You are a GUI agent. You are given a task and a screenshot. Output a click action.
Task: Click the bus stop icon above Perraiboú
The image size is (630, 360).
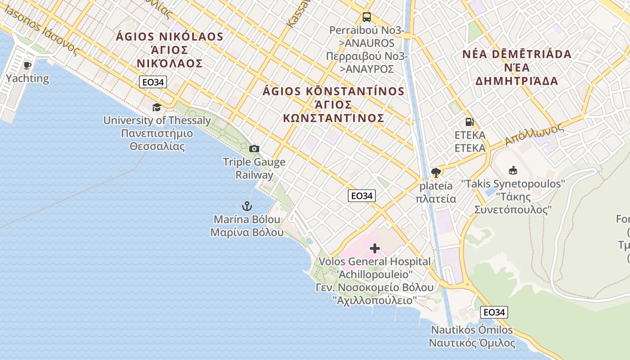point(367,18)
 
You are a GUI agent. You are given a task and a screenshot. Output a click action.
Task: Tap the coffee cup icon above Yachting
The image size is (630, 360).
point(27,65)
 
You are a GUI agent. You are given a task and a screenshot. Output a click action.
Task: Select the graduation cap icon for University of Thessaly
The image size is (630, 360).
point(157,107)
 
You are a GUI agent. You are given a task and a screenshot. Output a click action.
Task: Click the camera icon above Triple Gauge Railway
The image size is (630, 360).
point(254,149)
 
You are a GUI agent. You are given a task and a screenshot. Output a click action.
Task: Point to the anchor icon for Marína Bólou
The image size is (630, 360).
point(247,207)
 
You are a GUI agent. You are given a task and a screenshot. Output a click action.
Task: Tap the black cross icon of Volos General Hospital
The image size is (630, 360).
point(375,248)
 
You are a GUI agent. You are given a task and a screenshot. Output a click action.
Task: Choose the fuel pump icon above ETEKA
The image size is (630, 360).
point(469,121)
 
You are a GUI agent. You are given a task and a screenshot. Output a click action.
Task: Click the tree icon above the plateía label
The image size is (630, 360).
point(436,172)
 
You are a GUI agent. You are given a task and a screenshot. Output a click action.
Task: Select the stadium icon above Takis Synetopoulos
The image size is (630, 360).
point(513,171)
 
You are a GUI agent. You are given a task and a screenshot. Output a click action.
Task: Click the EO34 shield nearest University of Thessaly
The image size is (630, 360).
point(153,82)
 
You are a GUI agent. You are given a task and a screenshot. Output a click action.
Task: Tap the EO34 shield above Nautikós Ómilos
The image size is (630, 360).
point(494,312)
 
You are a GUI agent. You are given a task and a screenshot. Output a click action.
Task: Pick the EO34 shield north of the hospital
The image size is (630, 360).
point(362,196)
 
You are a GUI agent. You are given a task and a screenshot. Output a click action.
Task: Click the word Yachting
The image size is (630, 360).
point(27,78)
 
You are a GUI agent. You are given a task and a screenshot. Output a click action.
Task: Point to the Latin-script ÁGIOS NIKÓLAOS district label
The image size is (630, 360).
point(170,36)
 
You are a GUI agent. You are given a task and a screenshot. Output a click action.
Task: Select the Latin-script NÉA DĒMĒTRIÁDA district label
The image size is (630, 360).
point(517,54)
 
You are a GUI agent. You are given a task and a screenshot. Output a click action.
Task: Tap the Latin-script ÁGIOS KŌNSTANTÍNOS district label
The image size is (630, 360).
point(333,91)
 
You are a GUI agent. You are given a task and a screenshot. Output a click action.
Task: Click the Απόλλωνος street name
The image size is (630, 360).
point(534,134)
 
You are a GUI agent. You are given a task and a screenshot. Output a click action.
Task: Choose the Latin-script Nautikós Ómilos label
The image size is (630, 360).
point(472,330)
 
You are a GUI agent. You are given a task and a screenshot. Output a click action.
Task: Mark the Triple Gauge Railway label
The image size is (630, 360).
point(254,168)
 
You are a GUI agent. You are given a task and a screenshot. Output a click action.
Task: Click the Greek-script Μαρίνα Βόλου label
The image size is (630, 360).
point(247,233)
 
